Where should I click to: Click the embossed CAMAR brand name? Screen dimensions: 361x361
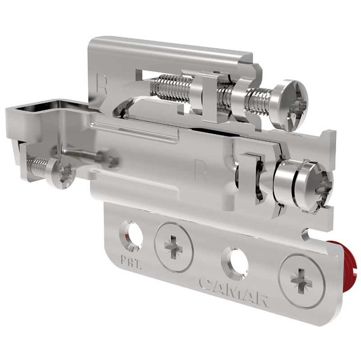pyautogui.click(x=234, y=292)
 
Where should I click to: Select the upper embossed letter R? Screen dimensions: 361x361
pyautogui.click(x=102, y=83)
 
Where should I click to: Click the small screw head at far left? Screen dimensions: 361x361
pyautogui.click(x=61, y=172)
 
